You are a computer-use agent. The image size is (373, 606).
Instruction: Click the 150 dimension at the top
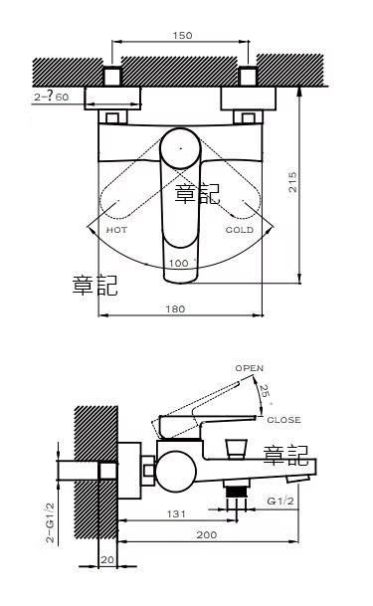coord(182,36)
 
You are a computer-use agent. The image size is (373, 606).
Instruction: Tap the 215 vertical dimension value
coord(292,182)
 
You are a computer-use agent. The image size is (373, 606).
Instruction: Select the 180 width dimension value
coord(175,308)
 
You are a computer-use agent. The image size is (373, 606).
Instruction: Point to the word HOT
coord(116,230)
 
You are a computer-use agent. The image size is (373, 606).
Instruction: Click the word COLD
coord(240,230)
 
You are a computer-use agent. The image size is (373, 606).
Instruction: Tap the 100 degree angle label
coord(180,263)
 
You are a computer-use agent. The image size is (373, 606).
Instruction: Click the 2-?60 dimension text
coord(51,97)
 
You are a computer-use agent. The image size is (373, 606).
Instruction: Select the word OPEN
coord(250,368)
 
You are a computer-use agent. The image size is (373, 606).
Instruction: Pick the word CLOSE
coord(283,420)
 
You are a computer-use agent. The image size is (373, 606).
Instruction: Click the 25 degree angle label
coord(265,393)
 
